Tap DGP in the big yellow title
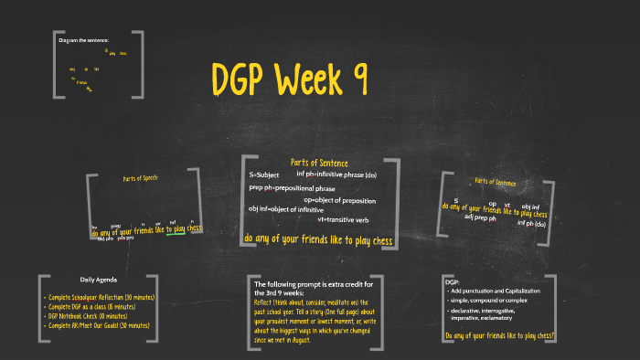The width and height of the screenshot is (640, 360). (238, 79)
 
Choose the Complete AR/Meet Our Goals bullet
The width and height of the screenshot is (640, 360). (99, 324)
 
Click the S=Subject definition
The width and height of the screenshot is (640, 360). (264, 175)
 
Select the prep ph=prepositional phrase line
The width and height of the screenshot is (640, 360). (293, 188)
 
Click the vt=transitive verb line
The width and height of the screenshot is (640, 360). (343, 219)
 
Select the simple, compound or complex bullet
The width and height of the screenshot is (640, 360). (491, 301)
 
